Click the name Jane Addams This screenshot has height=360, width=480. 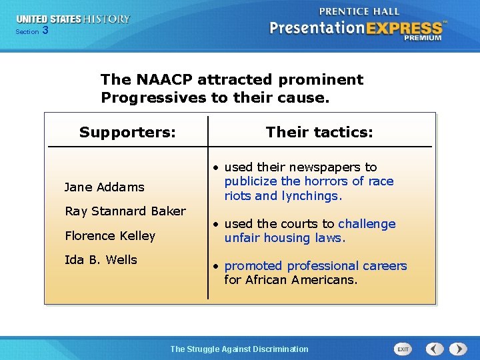click(104, 187)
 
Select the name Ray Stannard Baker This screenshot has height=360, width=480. click(125, 211)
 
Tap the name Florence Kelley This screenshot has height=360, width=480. click(109, 236)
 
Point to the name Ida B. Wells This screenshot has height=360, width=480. click(101, 260)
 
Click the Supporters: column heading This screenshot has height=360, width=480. click(127, 132)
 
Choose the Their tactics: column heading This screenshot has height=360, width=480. click(319, 132)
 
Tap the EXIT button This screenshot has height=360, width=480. click(403, 349)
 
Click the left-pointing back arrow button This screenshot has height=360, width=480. click(435, 349)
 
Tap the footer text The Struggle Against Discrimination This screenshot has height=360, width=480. click(239, 349)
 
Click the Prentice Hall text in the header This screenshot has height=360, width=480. click(360, 11)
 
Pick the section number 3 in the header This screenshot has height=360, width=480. click(45, 31)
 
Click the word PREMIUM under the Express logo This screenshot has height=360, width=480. click(422, 38)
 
